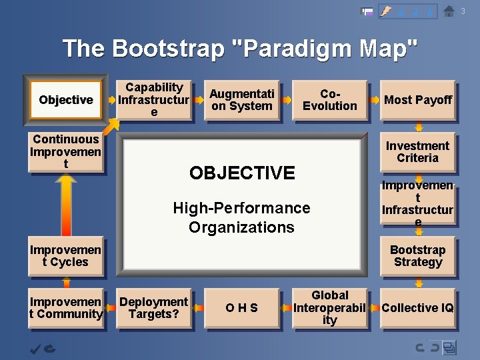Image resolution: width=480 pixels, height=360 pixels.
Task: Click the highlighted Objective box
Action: click(65, 100)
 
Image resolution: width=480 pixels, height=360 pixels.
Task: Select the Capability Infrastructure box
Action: click(154, 100)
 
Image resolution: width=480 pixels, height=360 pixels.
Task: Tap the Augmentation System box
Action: click(241, 100)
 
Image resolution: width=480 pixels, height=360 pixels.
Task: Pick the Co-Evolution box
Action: click(329, 100)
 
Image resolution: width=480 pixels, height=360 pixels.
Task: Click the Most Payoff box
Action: click(417, 100)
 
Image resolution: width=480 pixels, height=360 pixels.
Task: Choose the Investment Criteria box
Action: click(417, 152)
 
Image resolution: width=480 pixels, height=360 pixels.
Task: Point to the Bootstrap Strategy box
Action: click(417, 256)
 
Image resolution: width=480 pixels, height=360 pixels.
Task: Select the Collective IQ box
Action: click(417, 308)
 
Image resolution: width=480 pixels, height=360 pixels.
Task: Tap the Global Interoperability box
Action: click(329, 308)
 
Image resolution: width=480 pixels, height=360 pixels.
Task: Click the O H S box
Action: click(241, 308)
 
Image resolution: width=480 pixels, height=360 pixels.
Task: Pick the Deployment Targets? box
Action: click(154, 308)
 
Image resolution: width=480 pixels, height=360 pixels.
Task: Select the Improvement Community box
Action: click(65, 308)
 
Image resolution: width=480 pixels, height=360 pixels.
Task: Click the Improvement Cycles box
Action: click(65, 256)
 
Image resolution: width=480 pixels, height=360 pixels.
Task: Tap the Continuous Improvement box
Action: click(65, 152)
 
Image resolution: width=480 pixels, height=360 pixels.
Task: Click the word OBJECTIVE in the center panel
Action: click(241, 173)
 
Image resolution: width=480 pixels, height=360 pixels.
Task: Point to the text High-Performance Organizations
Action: click(241, 217)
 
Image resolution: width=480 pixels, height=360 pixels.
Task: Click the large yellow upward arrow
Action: click(66, 204)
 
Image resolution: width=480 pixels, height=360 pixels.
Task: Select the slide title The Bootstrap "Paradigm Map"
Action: click(240, 49)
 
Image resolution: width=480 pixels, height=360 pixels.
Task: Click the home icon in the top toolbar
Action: click(449, 11)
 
